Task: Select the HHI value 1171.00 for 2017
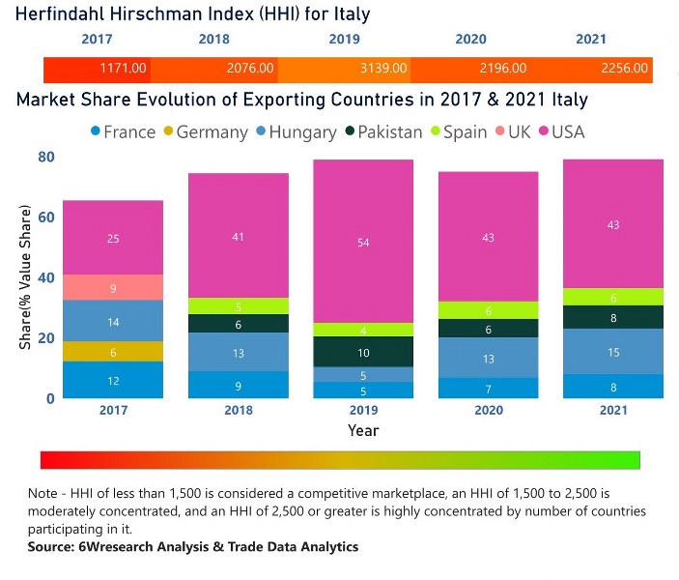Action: (x=124, y=69)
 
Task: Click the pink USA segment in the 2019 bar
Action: (x=363, y=242)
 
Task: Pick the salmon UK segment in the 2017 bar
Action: (x=114, y=287)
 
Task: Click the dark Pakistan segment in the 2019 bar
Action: (x=363, y=352)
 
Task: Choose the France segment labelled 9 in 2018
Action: (x=238, y=385)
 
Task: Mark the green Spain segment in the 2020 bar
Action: (x=488, y=310)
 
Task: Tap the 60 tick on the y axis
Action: (x=44, y=217)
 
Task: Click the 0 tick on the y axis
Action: (x=50, y=398)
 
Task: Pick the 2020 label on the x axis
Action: (x=488, y=410)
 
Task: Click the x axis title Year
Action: (x=363, y=430)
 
